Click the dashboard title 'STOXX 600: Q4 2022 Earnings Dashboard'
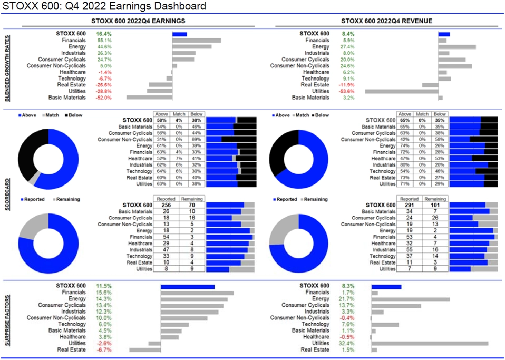[104, 6]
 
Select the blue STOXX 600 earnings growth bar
[179, 34]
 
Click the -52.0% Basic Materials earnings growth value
[103, 98]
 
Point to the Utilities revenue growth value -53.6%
[350, 91]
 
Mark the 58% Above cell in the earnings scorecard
[162, 120]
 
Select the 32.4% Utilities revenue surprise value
[349, 343]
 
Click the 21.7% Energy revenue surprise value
[349, 299]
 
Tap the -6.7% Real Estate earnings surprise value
[103, 349]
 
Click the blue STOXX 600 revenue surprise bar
[386, 286]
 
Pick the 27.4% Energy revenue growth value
[349, 47]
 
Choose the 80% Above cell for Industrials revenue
[404, 164]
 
